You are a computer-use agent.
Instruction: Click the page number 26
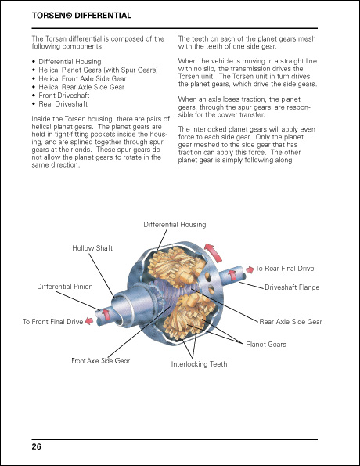click(37, 446)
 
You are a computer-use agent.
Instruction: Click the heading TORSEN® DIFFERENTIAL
click(81, 16)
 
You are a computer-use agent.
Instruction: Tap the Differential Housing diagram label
click(175, 224)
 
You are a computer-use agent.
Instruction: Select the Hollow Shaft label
click(92, 248)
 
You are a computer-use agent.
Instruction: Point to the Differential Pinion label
click(65, 287)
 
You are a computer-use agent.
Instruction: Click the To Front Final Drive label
click(52, 322)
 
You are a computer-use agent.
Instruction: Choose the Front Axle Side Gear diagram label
click(101, 360)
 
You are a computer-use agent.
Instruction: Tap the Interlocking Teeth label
click(199, 364)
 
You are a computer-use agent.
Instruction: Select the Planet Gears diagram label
click(266, 345)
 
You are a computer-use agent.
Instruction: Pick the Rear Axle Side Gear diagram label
click(290, 322)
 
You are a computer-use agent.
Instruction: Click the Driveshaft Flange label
click(292, 287)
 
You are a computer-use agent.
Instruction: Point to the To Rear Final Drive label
click(285, 269)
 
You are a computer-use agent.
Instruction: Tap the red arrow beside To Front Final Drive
click(89, 321)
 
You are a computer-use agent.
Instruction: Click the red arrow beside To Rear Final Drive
click(250, 269)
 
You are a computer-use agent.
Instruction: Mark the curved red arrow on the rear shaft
click(232, 275)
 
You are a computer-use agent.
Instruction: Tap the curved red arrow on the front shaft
click(106, 315)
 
